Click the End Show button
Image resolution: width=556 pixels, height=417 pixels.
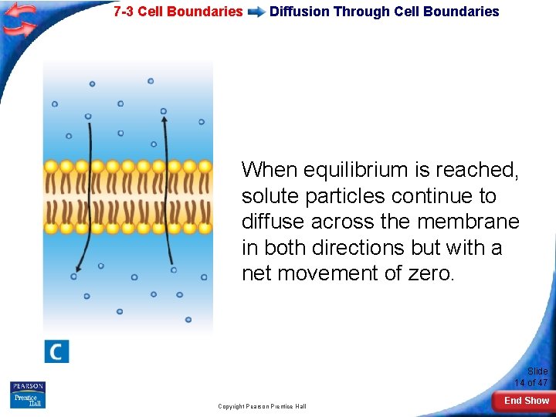[x=526, y=401]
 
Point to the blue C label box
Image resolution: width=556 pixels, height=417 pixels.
[x=56, y=351]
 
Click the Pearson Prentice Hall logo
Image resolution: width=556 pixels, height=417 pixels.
[x=28, y=395]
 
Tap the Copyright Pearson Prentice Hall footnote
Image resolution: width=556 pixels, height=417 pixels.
[x=262, y=406]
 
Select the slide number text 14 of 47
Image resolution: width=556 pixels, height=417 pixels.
[x=531, y=382]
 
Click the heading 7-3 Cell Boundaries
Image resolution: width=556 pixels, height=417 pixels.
[x=178, y=12]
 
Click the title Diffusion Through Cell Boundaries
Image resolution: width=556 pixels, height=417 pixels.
[x=384, y=12]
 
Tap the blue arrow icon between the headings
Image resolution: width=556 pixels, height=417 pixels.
[x=256, y=12]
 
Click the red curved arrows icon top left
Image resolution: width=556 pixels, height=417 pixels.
[x=19, y=20]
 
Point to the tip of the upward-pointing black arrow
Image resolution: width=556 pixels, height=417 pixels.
[x=164, y=111]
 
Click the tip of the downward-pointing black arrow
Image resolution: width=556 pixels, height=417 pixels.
[x=74, y=276]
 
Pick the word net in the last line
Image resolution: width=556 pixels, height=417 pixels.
[x=256, y=274]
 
